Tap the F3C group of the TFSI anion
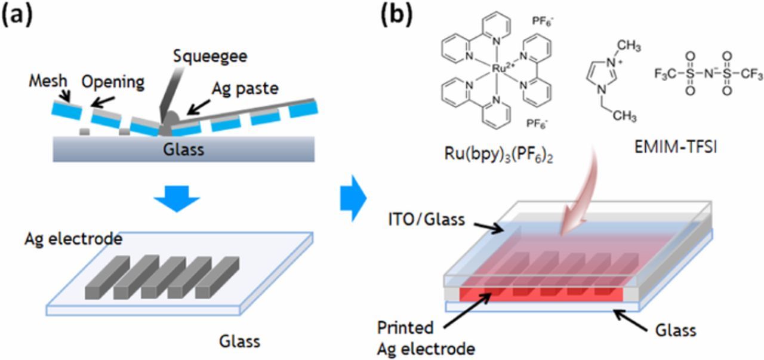[667, 75]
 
